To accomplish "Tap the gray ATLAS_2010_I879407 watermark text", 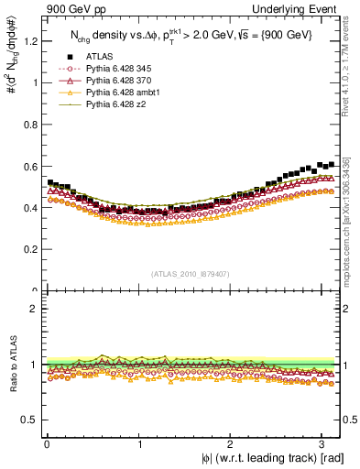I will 191,274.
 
